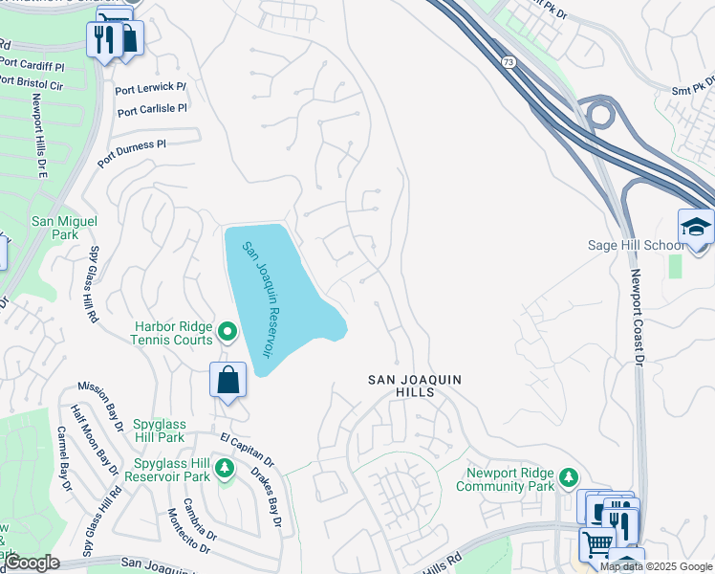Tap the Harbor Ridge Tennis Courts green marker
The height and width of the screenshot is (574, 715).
coord(227,332)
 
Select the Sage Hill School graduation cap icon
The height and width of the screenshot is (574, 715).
coord(696,227)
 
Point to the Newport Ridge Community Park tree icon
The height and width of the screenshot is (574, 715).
coord(569,476)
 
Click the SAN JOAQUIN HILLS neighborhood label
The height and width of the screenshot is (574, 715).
coord(415,386)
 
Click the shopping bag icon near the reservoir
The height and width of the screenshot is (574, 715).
coord(228,380)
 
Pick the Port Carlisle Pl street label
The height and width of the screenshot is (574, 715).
coord(151,110)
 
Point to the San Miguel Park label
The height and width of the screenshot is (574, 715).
coord(65,227)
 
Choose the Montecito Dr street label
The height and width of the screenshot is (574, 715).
coord(188,530)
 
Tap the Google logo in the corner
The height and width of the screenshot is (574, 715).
coord(31,563)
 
